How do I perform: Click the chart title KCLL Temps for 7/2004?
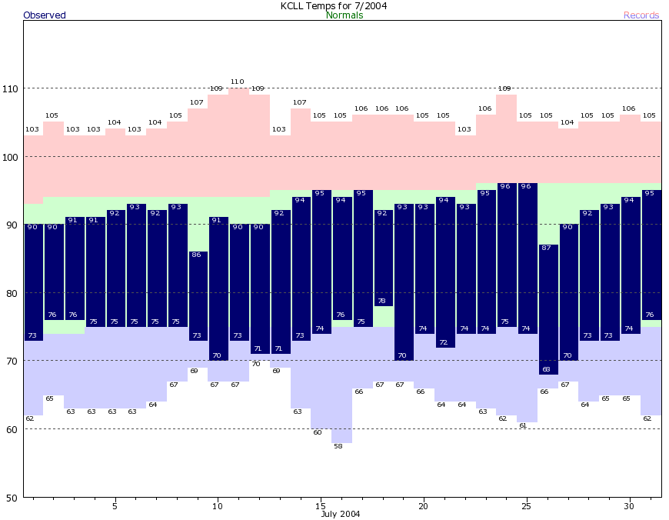point(334,5)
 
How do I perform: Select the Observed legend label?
point(45,15)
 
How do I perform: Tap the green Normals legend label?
point(344,15)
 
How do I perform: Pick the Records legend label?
point(641,15)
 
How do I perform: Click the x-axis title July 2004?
point(341,514)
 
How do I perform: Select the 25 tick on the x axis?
point(526,506)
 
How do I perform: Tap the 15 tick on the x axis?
point(320,506)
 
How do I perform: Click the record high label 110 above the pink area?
point(238,82)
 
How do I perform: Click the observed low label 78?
point(382,301)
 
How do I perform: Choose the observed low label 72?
point(444,342)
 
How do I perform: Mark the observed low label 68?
point(547,369)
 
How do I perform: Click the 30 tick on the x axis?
point(629,506)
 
